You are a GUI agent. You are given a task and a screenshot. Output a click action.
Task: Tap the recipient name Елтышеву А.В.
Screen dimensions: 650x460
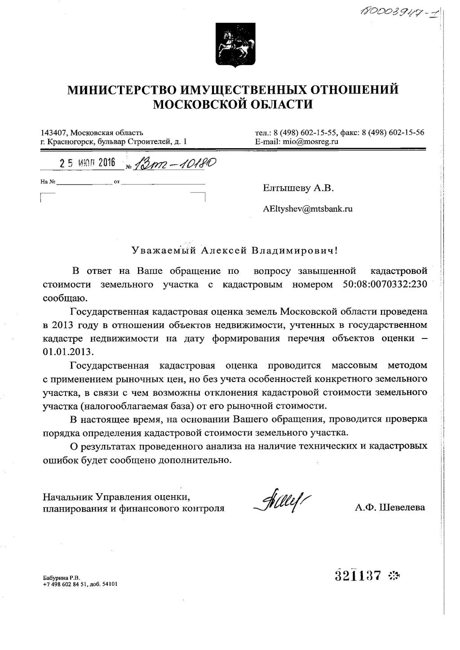pyautogui.click(x=298, y=188)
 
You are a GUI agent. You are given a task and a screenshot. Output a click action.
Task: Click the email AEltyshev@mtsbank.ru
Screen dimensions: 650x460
pyautogui.click(x=308, y=209)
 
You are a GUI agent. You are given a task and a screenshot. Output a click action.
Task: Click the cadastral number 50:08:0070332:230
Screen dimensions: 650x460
pyautogui.click(x=385, y=285)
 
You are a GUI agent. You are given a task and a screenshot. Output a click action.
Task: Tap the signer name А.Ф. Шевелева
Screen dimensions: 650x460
pyautogui.click(x=389, y=508)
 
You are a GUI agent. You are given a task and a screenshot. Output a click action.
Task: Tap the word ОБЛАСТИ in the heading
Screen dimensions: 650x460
pyautogui.click(x=279, y=105)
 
